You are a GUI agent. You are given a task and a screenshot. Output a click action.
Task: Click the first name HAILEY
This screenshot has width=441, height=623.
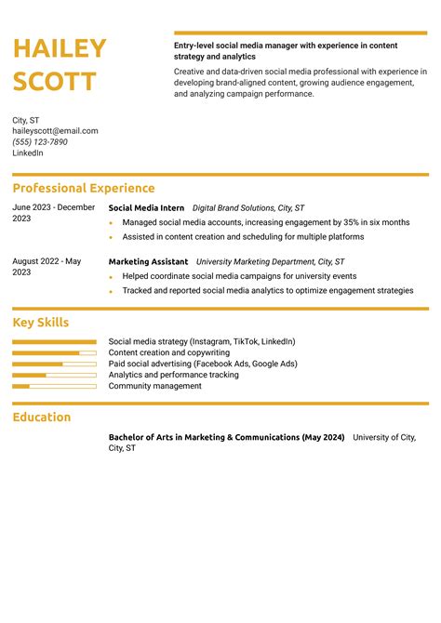[60, 49]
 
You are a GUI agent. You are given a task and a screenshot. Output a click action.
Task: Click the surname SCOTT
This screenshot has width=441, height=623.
[54, 82]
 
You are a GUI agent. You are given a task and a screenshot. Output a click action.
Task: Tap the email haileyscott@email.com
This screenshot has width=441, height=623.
[55, 131]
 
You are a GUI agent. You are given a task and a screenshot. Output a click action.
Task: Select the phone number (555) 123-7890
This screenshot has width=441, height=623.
[40, 142]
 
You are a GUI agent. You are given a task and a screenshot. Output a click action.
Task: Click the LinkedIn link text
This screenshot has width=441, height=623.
[28, 153]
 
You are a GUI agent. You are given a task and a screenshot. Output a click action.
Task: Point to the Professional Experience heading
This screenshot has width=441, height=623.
[84, 188]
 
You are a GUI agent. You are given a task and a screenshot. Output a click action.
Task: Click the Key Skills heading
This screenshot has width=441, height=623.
[41, 323]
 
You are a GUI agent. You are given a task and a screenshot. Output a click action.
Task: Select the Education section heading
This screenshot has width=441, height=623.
[42, 418]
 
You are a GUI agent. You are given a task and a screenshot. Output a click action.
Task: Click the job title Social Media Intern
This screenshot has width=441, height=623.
[146, 208]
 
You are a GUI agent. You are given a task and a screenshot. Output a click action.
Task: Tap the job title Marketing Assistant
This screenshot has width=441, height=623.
[148, 262]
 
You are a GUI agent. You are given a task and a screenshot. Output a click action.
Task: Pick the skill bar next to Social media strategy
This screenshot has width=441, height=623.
[54, 342]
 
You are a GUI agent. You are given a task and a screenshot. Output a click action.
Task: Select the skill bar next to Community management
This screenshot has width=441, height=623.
[54, 386]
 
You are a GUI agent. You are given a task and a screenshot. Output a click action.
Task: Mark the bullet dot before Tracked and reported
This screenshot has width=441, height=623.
[111, 291]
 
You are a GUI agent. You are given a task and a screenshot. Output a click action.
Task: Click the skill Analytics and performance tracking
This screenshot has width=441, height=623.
[174, 375]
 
